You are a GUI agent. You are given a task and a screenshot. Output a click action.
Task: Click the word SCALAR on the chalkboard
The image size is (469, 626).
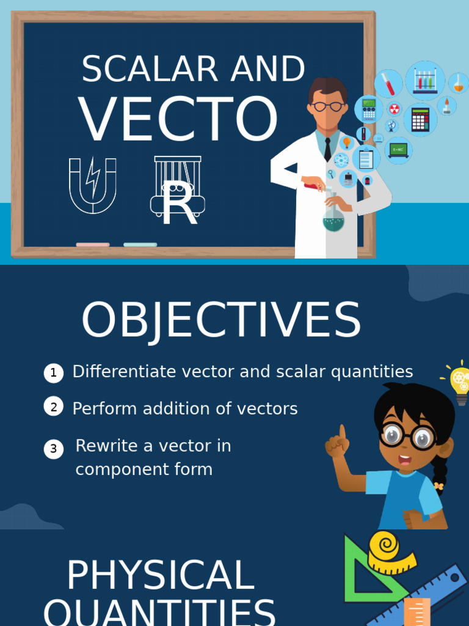click(x=150, y=69)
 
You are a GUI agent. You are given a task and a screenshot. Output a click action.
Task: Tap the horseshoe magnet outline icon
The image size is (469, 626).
click(x=93, y=185)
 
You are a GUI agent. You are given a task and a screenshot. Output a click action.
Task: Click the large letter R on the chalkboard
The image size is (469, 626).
click(x=179, y=204)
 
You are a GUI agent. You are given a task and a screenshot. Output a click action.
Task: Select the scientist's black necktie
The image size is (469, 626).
click(x=328, y=149)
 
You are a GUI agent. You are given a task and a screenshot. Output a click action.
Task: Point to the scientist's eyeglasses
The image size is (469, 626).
click(x=328, y=106)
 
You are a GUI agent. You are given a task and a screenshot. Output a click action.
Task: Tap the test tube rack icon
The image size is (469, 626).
click(x=424, y=80)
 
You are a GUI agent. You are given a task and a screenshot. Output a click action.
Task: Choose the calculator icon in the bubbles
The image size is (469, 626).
click(x=420, y=119)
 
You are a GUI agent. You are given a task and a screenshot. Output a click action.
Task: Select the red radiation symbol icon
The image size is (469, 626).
click(x=395, y=109)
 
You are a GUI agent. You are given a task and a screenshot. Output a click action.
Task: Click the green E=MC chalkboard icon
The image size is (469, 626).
click(x=398, y=150)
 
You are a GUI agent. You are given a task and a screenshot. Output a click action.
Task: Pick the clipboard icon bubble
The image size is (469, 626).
click(x=366, y=159)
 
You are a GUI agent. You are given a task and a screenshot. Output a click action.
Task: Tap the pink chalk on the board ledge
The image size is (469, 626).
click(x=93, y=245)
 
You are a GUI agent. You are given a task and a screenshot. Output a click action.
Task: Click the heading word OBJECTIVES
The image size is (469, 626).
click(x=221, y=320)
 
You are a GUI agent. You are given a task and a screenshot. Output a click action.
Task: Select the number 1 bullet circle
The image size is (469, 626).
click(x=54, y=373)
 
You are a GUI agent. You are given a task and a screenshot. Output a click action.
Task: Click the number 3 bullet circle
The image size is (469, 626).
click(x=54, y=449)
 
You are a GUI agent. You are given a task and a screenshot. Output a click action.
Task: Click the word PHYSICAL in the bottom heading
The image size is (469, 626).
click(x=160, y=575)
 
